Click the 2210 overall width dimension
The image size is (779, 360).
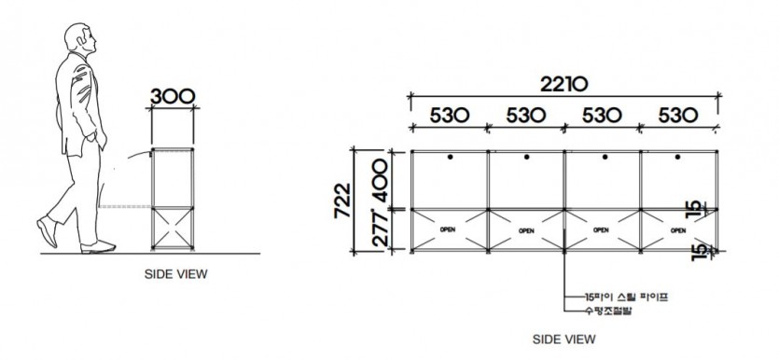click(x=563, y=84)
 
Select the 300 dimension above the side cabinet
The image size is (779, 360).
click(x=174, y=96)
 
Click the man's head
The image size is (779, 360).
click(x=82, y=41)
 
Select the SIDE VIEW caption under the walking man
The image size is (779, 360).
click(x=175, y=274)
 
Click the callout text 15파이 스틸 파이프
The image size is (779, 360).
click(x=622, y=296)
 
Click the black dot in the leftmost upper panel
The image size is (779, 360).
click(x=449, y=157)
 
